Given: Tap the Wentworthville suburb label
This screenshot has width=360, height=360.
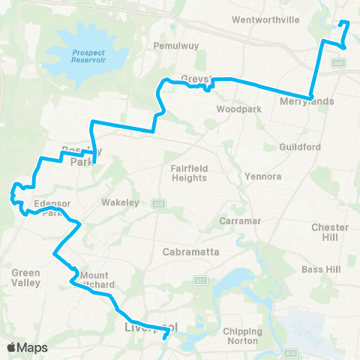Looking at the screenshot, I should [x=261, y=20].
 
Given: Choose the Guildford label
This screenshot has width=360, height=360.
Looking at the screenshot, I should [x=300, y=147].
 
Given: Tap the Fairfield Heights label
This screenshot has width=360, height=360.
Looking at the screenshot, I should [x=188, y=172].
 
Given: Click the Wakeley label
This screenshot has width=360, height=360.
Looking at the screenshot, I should [x=117, y=202].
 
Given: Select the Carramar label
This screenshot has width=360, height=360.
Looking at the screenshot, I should [x=238, y=222].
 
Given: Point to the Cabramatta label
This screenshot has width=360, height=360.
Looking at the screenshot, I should [x=190, y=252].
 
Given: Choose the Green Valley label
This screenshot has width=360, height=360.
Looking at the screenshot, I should [x=25, y=277].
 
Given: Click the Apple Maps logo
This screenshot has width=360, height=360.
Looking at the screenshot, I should [x=27, y=347].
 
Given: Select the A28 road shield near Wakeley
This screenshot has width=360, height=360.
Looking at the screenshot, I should [x=158, y=202].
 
